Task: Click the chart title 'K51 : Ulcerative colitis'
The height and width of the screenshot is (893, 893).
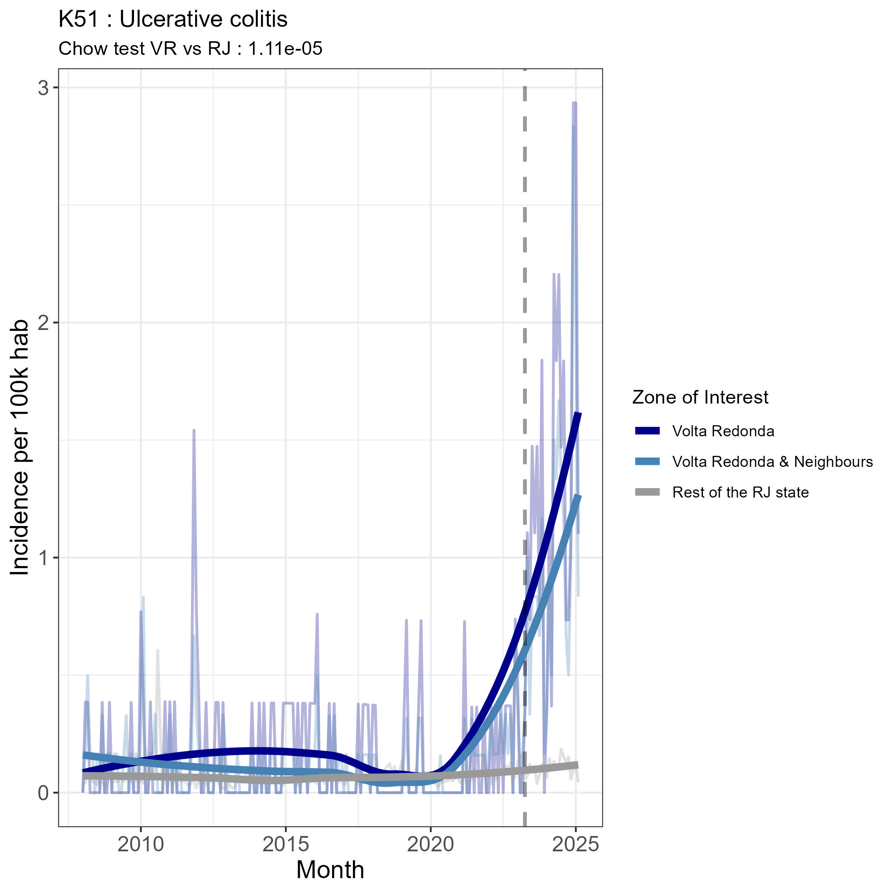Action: tap(173, 20)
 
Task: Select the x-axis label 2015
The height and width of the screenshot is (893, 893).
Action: tap(286, 844)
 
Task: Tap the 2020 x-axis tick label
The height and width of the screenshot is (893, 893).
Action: tap(430, 844)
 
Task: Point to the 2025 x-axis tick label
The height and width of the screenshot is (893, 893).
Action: tap(575, 844)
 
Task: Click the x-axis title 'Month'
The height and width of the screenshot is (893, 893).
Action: tap(330, 870)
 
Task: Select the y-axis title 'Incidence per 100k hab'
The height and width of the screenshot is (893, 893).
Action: tap(20, 447)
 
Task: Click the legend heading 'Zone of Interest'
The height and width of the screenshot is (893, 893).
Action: tap(700, 397)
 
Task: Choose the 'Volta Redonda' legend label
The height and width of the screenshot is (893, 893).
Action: tap(723, 431)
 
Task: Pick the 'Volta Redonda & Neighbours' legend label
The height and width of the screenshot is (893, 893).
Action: tap(772, 461)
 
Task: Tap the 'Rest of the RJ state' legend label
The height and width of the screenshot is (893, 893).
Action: tap(740, 492)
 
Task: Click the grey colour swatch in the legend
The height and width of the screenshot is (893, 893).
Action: tap(647, 492)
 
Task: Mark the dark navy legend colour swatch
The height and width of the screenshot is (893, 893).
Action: tap(647, 431)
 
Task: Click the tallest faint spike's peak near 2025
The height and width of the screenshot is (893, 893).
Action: tap(574, 103)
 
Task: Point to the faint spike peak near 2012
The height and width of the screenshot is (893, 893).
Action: tap(194, 430)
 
